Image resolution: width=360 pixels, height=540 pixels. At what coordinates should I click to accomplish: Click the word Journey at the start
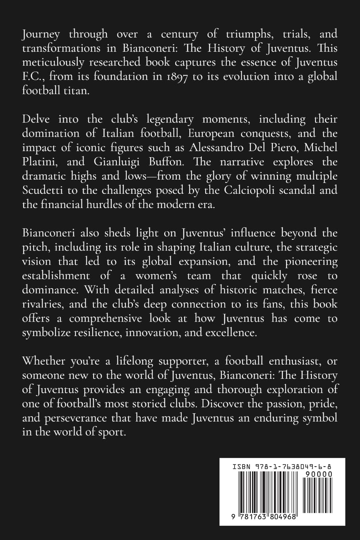point(40,35)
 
